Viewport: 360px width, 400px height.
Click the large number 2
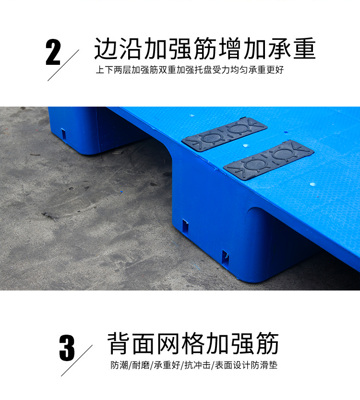pos(53,52)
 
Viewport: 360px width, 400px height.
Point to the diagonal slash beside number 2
pos(63,65)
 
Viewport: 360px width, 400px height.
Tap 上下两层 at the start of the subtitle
pos(113,70)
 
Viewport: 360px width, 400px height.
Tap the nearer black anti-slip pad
pos(269,158)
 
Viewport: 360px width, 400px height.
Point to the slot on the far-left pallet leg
pos(63,133)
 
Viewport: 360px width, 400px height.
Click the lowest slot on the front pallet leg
pos(225,258)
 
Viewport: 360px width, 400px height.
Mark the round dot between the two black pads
pos(245,145)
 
